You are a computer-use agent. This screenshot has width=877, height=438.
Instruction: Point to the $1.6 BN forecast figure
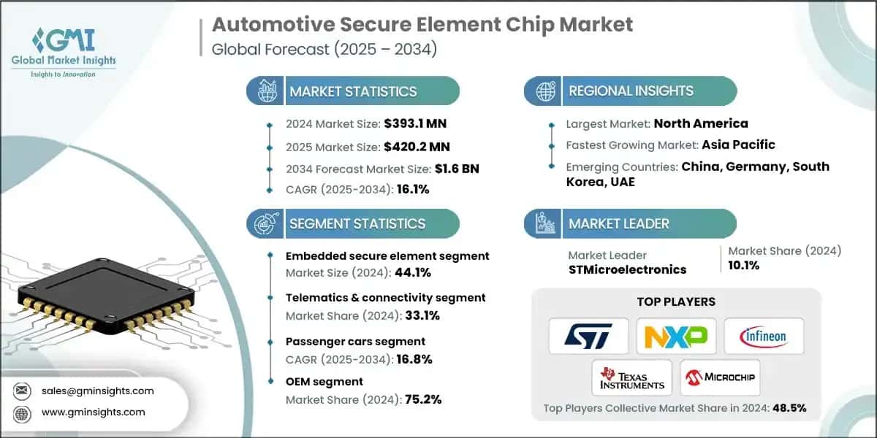[456, 169]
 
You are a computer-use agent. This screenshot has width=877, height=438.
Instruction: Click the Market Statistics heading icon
[265, 91]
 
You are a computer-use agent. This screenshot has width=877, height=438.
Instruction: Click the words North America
[700, 123]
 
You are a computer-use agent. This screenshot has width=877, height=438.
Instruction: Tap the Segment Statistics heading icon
[265, 223]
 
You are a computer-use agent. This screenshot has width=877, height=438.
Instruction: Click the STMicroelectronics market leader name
[627, 269]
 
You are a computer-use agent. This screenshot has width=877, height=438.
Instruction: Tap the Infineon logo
[764, 336]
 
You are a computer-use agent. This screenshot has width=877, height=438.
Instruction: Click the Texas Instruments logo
[632, 377]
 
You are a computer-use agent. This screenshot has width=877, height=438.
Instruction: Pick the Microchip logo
[719, 377]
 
